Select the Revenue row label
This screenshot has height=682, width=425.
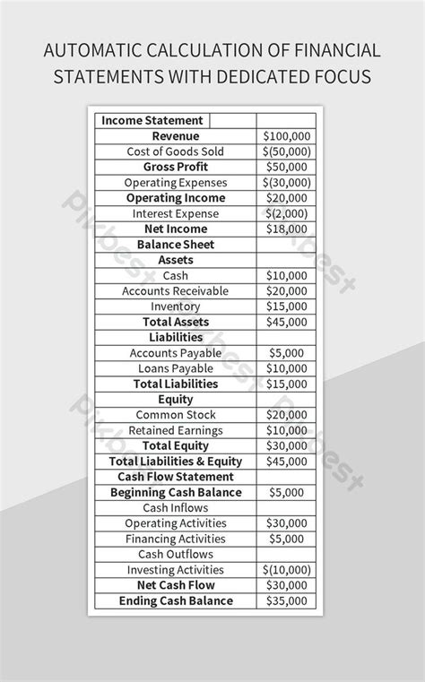click(175, 136)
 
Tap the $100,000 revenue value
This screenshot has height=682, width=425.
click(286, 136)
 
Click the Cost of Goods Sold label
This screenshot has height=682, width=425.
click(175, 151)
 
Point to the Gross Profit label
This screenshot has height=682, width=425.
click(175, 168)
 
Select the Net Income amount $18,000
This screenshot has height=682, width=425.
click(286, 229)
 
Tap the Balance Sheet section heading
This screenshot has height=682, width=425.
click(175, 245)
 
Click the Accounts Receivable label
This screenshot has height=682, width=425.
click(175, 291)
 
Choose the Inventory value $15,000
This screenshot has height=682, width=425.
click(286, 306)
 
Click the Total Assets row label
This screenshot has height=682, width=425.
click(175, 322)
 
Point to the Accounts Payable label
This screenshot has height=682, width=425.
click(175, 353)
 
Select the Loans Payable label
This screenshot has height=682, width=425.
click(175, 368)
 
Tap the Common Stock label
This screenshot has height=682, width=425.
click(175, 415)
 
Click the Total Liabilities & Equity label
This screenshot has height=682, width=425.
click(175, 462)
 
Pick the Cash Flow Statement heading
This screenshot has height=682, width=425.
click(175, 477)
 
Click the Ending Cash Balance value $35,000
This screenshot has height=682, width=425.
click(286, 601)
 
